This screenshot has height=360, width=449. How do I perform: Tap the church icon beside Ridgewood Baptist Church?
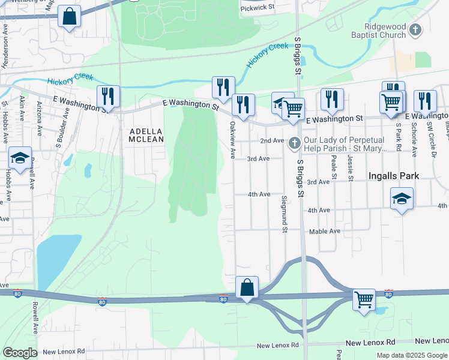tap(415, 29)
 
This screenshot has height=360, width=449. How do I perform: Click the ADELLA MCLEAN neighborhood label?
tap(146, 134)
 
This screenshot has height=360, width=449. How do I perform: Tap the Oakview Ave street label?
tap(232, 140)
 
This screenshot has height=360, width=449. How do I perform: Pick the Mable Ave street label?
tap(325, 231)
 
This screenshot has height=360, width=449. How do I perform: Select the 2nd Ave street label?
tap(271, 140)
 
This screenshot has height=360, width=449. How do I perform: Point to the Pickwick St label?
tap(257, 8)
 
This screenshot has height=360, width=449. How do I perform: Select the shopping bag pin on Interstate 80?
tap(247, 287)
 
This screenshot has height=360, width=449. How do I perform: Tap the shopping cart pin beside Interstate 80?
tap(364, 299)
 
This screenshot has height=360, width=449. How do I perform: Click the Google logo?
tap(20, 353)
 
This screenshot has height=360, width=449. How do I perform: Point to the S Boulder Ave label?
tap(62, 128)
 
